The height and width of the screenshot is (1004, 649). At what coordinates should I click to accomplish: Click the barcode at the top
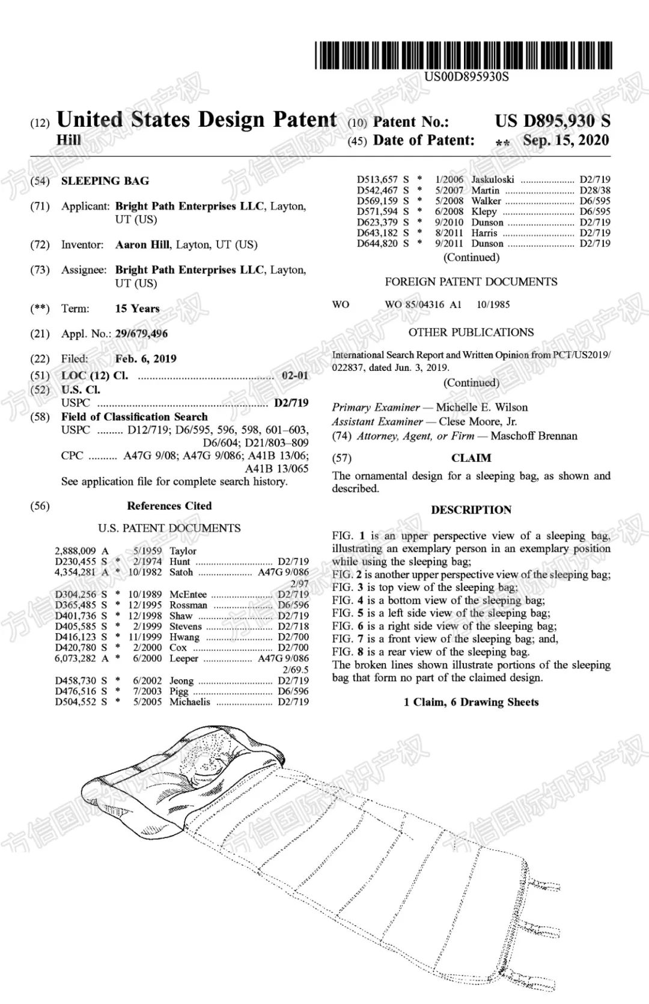463,55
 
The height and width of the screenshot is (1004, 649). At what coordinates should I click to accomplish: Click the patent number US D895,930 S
552,121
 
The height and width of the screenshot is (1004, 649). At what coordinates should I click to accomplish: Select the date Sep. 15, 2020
565,141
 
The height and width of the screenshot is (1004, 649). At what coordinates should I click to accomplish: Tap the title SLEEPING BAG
105,181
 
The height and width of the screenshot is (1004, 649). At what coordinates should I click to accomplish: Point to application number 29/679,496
141,334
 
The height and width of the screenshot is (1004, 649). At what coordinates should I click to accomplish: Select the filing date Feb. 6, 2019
145,359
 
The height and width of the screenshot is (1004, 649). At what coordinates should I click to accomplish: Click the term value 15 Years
137,308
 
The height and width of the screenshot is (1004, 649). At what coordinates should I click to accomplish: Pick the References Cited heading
169,506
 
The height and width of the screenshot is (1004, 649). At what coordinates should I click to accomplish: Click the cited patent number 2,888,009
75,551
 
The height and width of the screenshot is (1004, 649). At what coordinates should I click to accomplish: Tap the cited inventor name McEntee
188,594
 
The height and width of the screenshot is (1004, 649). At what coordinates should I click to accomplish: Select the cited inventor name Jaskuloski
493,179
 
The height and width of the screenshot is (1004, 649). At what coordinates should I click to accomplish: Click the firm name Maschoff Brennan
534,436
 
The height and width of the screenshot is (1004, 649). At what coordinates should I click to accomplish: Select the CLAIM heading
471,458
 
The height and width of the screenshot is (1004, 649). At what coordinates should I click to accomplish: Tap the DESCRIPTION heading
471,510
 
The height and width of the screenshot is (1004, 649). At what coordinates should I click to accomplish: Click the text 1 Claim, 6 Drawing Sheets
471,702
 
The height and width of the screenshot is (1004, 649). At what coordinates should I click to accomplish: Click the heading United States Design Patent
197,120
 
